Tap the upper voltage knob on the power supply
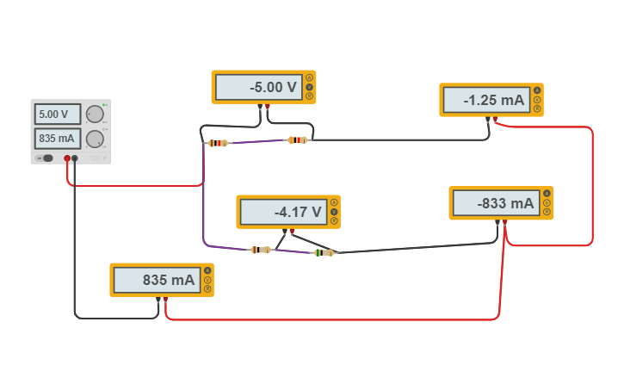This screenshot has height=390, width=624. point(95,114)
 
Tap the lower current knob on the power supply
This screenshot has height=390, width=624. point(95,139)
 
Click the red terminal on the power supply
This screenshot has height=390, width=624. point(67,158)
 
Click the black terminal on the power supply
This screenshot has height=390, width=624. point(75,158)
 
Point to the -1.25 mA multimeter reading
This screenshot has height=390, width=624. point(485,100)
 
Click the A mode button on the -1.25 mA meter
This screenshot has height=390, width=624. point(537,90)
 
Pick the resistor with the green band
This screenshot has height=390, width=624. point(324,252)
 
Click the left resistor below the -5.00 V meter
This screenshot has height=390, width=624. point(218,143)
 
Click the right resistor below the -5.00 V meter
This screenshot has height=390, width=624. point(297,139)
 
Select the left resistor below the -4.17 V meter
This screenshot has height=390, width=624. point(260,250)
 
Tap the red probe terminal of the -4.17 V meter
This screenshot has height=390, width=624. point(292,231)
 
